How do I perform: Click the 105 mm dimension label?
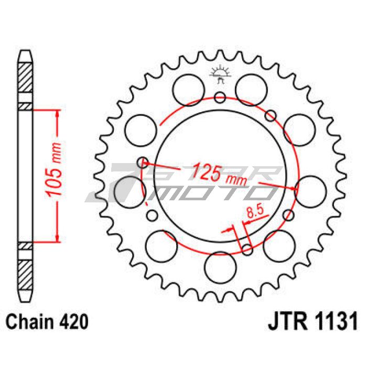[54, 169]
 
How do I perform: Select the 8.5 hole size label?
[255, 212]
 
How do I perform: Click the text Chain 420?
[47, 322]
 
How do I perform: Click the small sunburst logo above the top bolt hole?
[220, 74]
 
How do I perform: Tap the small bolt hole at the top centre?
[220, 97]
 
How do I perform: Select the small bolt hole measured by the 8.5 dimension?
[247, 250]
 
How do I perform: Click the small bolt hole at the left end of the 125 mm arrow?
[143, 162]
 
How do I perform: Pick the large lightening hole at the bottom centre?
[220, 268]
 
